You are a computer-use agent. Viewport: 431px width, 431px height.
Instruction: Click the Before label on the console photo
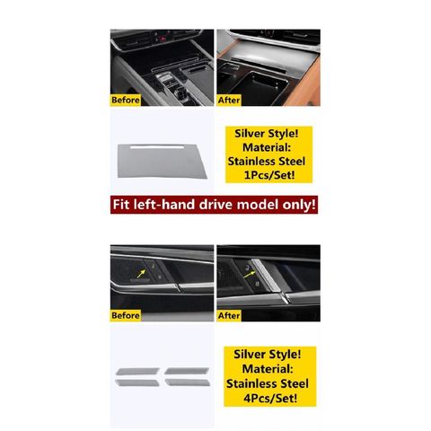coord(126,100)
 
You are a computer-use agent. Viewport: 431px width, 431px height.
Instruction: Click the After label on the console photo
coord(229,100)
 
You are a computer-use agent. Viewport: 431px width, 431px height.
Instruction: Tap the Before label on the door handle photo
coord(126,315)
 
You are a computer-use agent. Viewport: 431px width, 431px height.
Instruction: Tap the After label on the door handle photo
coord(229,315)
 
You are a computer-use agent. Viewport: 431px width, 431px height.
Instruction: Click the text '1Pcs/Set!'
coord(269,175)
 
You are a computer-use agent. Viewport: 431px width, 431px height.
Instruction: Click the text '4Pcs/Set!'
coord(270,399)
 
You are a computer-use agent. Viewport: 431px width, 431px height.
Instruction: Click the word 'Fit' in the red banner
coord(121,205)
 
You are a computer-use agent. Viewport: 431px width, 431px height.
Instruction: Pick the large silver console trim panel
coord(162,162)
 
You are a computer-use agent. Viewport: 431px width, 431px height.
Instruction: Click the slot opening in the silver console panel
coord(157,147)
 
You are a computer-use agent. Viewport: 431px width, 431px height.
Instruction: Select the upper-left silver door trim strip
coord(137,372)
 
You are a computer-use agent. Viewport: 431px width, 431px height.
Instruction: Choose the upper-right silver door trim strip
coord(187,371)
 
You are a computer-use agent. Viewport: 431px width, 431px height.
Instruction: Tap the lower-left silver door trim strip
coord(137,383)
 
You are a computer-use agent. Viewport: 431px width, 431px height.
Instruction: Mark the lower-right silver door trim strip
coord(188,383)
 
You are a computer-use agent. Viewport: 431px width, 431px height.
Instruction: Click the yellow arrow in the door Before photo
coord(141,274)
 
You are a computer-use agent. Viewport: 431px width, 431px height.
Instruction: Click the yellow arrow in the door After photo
coord(250,275)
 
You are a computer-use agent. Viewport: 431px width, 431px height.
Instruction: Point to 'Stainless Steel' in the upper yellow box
coord(267,162)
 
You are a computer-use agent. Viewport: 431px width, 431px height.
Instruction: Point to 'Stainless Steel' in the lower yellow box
coord(268,383)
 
